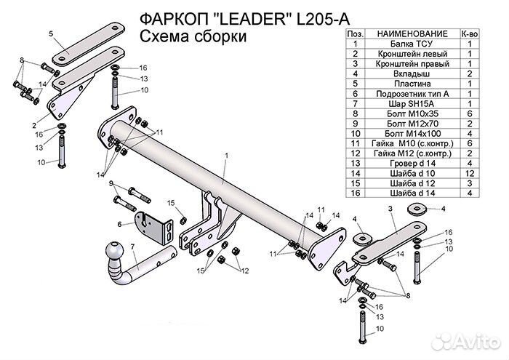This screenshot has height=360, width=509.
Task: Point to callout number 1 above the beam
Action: tap(226, 155)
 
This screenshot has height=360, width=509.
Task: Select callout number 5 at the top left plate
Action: tap(51, 34)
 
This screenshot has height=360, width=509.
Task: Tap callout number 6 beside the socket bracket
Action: tap(119, 225)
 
